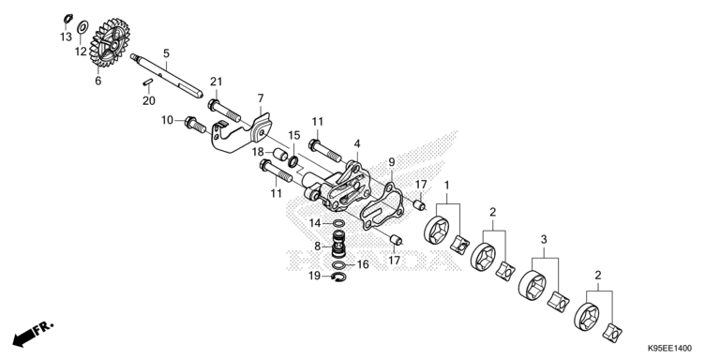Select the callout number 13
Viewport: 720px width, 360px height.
coord(66,37)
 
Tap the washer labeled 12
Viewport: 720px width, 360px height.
coord(82,26)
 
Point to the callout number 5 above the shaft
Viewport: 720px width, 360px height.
coord(166,53)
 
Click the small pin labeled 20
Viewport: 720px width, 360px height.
coord(148,86)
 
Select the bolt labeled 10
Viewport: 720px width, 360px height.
coord(196,122)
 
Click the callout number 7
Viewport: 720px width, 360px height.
coord(261,97)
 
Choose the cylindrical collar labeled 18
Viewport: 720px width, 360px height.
coord(278,151)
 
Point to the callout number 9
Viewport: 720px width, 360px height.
coord(392,162)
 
